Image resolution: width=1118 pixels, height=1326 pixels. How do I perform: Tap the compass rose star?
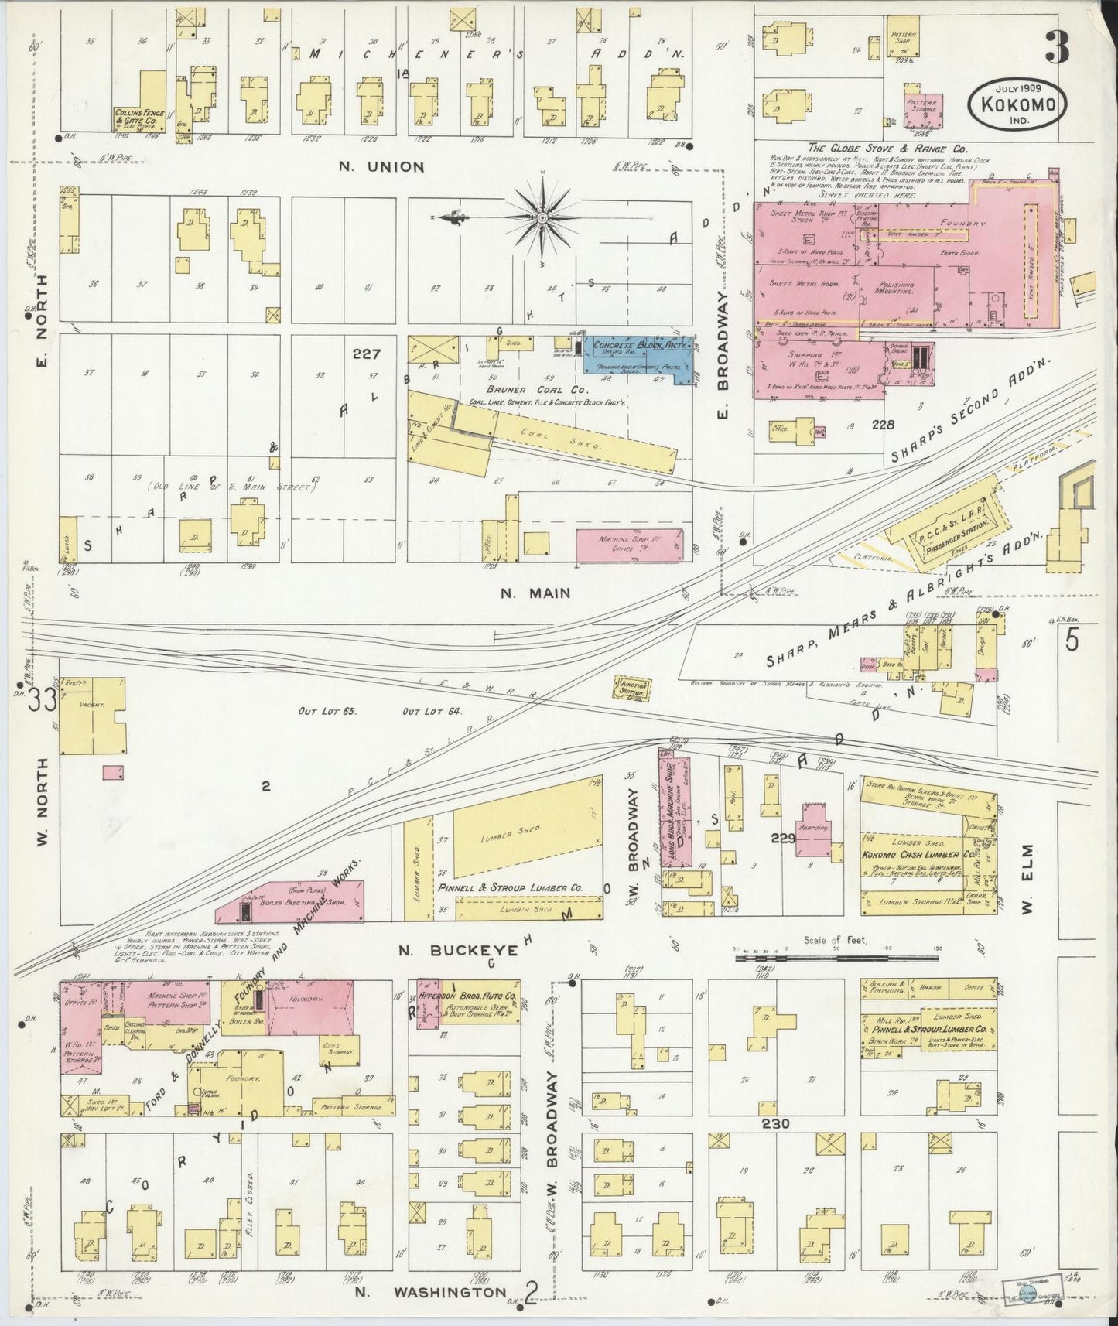pos(542,218)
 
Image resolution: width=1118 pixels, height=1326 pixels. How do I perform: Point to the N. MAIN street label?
pos(535,593)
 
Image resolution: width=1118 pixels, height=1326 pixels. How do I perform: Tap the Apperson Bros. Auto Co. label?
pos(470,996)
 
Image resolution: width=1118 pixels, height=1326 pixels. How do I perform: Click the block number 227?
pos(366,354)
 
